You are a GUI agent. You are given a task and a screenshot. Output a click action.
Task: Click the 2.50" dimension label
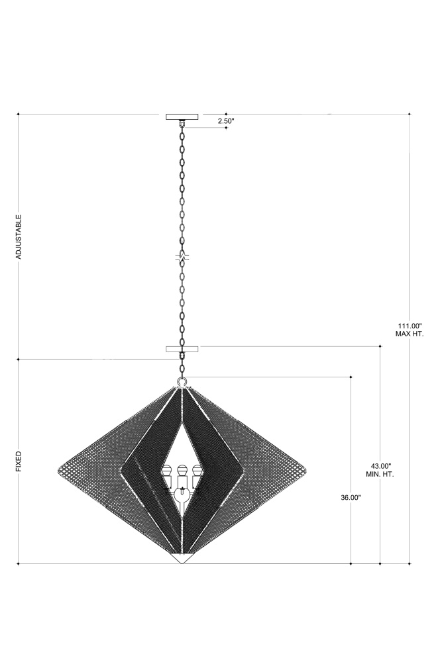(226, 120)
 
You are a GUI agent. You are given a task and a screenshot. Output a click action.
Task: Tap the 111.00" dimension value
(410, 326)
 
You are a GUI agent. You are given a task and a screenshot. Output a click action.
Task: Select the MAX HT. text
(410, 334)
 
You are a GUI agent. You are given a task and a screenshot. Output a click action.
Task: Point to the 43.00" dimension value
(380, 466)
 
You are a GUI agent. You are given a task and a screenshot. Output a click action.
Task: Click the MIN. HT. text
(380, 474)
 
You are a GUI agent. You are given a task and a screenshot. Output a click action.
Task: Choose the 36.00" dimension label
(351, 497)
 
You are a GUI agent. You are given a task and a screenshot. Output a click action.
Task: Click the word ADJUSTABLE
(19, 237)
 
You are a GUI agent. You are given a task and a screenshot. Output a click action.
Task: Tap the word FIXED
(19, 461)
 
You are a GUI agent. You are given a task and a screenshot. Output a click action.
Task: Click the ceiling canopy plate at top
(182, 117)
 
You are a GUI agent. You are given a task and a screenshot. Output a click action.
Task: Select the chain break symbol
(182, 257)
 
